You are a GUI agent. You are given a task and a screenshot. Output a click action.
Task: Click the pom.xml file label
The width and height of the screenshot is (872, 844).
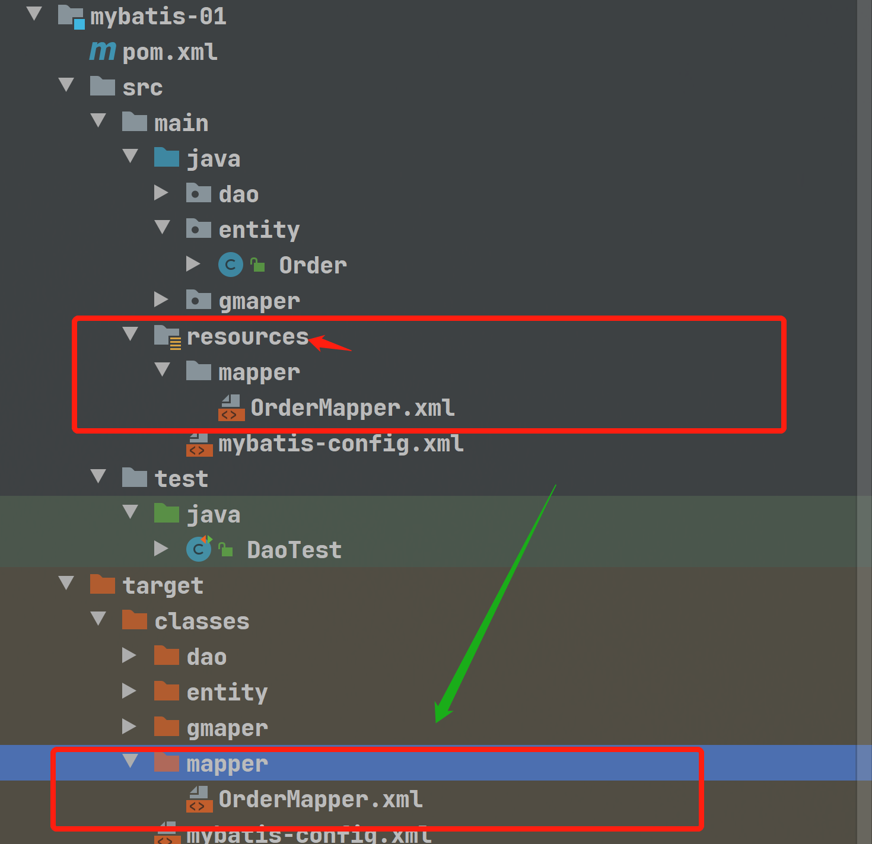(x=170, y=52)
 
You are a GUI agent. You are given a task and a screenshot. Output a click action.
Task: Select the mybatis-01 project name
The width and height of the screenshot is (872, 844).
(x=158, y=17)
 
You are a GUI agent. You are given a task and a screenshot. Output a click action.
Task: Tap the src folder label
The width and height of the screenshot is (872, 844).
(x=142, y=88)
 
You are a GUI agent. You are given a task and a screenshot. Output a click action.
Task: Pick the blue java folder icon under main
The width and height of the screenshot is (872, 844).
(x=166, y=158)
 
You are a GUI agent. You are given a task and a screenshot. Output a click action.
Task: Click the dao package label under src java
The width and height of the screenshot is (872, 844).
(x=238, y=195)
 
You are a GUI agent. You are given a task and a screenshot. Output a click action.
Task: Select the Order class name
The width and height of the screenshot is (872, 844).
(x=313, y=266)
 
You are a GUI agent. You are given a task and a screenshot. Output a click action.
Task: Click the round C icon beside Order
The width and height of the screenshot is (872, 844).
(x=231, y=265)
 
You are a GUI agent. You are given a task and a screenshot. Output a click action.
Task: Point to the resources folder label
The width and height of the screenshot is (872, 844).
(x=247, y=337)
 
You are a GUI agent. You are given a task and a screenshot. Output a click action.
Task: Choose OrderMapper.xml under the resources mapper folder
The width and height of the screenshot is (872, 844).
(x=352, y=408)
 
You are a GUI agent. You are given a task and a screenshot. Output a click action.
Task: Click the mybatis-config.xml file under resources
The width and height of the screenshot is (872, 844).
(x=340, y=444)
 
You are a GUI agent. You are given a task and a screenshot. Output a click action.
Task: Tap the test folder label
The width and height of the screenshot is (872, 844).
(x=181, y=479)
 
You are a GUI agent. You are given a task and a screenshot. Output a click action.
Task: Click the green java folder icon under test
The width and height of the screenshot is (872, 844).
(x=166, y=514)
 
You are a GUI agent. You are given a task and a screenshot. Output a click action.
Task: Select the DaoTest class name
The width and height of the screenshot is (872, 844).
(x=294, y=550)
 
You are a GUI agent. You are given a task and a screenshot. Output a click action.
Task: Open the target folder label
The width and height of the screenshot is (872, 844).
(x=163, y=586)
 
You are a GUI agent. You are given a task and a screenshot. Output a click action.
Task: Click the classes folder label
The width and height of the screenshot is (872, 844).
(x=202, y=622)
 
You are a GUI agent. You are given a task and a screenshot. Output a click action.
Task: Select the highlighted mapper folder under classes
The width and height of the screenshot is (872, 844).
(x=227, y=764)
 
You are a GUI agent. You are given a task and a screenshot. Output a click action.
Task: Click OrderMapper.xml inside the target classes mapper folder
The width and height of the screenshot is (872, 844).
(x=320, y=800)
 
